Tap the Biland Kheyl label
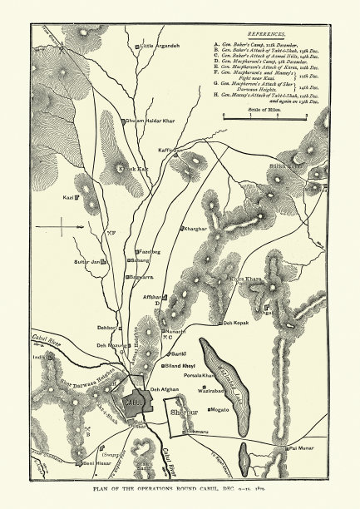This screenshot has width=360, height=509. (x=180, y=366)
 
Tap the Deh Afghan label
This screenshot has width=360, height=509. (x=164, y=388)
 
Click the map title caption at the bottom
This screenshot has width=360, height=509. (x=180, y=491)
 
